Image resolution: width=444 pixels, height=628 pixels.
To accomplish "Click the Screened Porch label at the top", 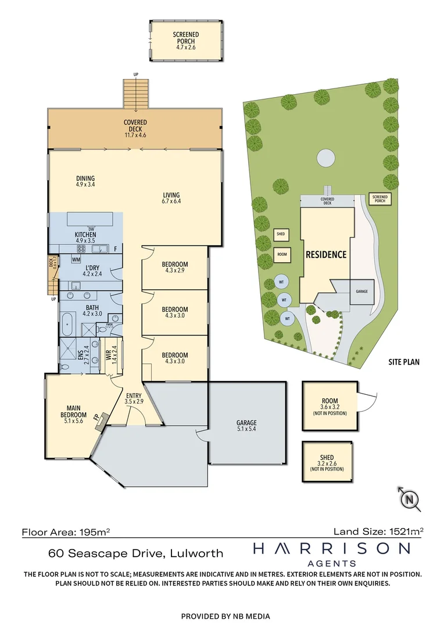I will [x=185, y=39].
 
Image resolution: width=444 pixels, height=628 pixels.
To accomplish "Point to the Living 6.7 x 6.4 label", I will [x=171, y=198].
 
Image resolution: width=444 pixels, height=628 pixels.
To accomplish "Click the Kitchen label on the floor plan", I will [x=85, y=237].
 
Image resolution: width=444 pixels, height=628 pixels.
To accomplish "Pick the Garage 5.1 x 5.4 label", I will [x=246, y=426].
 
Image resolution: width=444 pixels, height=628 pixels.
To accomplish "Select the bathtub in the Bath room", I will [x=67, y=322].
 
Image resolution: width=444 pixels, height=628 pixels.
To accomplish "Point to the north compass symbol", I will [x=410, y=499].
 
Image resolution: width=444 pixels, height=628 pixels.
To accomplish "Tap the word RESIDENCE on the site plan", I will [x=326, y=254].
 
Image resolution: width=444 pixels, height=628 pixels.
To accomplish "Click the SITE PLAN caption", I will [x=404, y=362].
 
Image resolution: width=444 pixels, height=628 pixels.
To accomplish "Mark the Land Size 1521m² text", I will [x=378, y=531].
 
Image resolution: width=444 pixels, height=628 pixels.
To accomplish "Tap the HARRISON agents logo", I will [x=331, y=552].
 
